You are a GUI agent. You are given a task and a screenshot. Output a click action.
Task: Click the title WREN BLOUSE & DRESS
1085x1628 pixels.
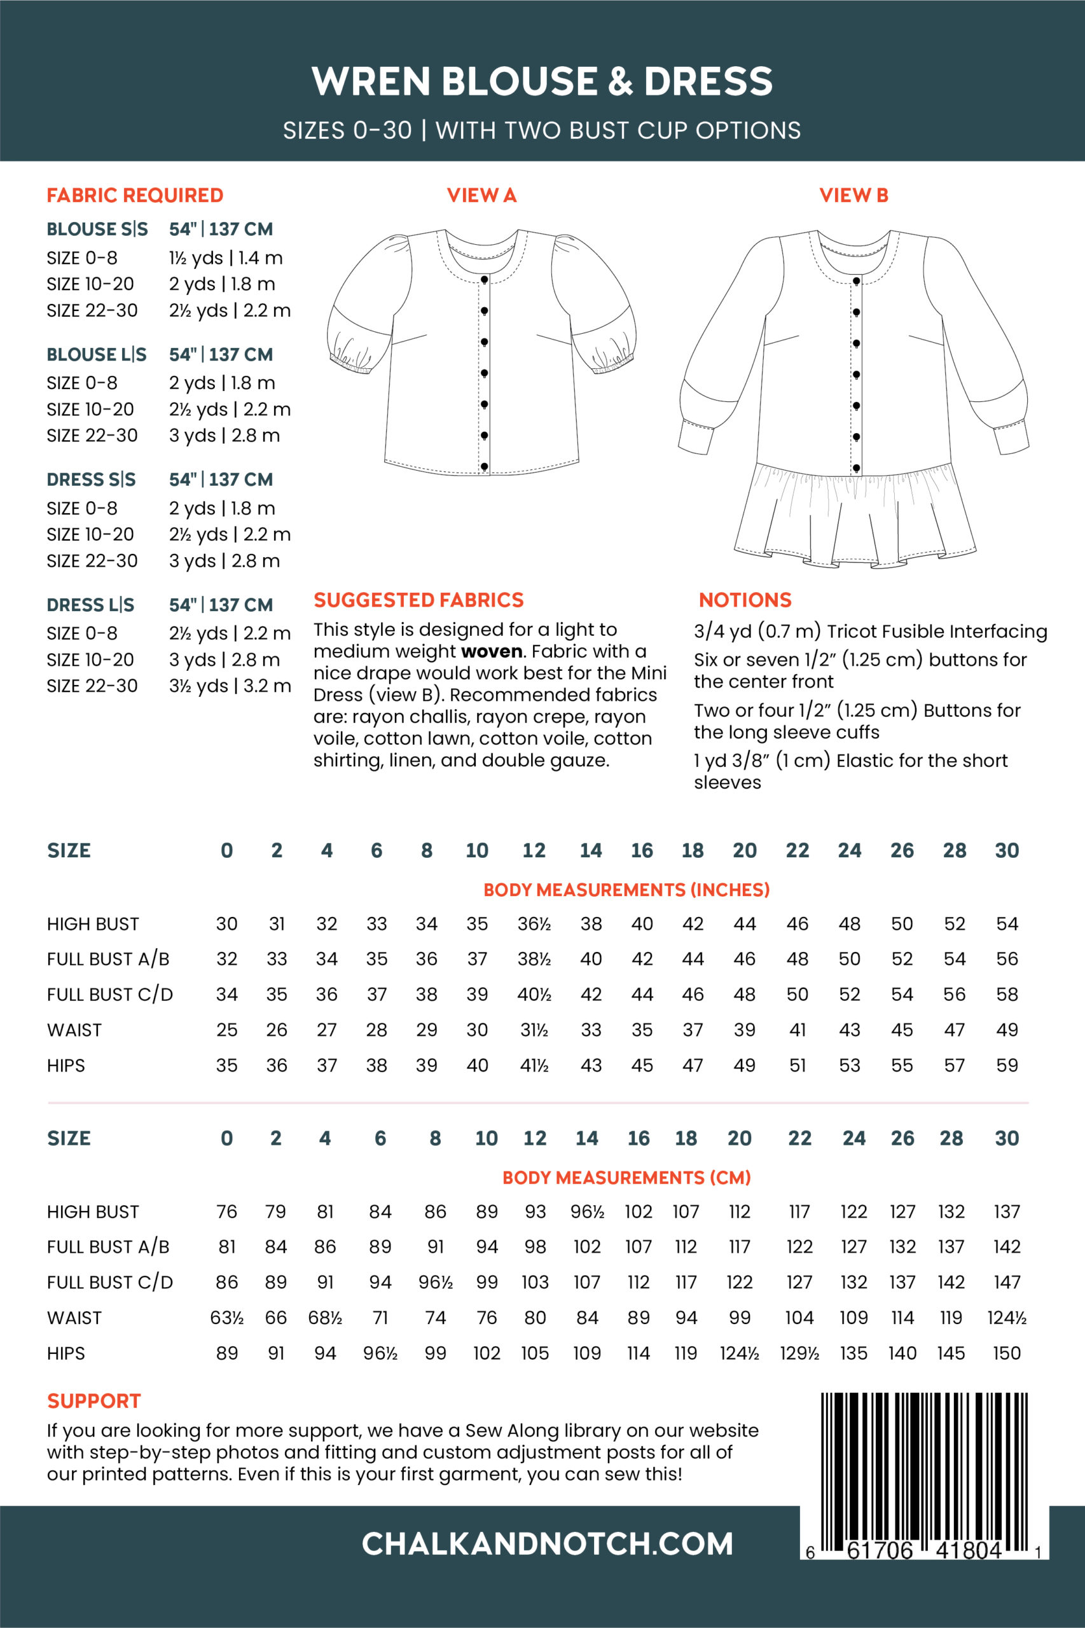[x=542, y=81]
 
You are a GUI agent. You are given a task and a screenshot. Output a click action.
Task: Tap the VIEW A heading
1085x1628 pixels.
[x=481, y=196]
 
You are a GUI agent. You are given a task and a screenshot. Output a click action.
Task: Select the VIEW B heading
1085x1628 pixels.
[x=853, y=196]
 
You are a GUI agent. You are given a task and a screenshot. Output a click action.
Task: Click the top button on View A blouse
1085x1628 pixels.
[x=485, y=280]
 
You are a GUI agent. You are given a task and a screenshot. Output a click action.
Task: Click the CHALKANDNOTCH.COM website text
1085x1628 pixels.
[x=547, y=1544]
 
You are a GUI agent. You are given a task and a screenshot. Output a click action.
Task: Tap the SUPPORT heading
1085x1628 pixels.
[x=94, y=1401]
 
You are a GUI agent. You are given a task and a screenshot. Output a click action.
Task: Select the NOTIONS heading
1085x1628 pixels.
[x=745, y=600]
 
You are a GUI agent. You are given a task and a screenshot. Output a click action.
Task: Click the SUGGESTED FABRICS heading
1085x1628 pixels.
[x=418, y=600]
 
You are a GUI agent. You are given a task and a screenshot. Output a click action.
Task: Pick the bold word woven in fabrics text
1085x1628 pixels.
[x=491, y=652]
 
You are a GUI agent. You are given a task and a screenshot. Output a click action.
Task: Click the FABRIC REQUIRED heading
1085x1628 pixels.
[x=135, y=196]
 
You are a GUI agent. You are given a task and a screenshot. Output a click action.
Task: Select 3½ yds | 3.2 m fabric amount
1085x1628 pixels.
[x=230, y=686]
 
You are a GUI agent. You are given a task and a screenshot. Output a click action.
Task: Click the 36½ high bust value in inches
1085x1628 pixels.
[x=534, y=923]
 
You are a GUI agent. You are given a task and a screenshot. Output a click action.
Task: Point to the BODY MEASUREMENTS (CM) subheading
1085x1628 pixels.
[x=626, y=1178]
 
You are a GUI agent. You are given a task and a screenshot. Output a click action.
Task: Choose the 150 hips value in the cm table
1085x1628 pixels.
[x=1006, y=1353]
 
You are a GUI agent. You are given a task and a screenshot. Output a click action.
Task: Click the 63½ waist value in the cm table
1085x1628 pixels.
[x=227, y=1318]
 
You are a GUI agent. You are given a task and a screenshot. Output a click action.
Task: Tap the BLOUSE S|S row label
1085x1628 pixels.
[x=97, y=229]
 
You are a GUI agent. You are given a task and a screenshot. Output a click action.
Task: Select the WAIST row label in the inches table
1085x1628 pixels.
[x=74, y=1030]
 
